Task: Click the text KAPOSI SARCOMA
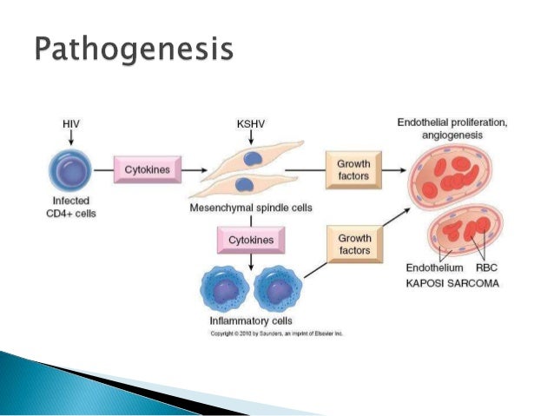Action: (452, 284)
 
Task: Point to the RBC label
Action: (487, 268)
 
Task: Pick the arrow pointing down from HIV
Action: (72, 138)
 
